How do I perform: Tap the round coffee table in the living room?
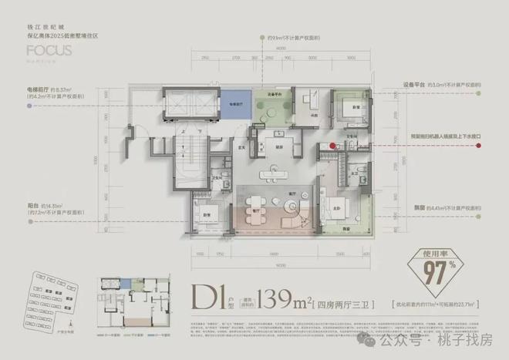click(291, 206)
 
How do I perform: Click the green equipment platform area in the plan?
click(271, 109)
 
